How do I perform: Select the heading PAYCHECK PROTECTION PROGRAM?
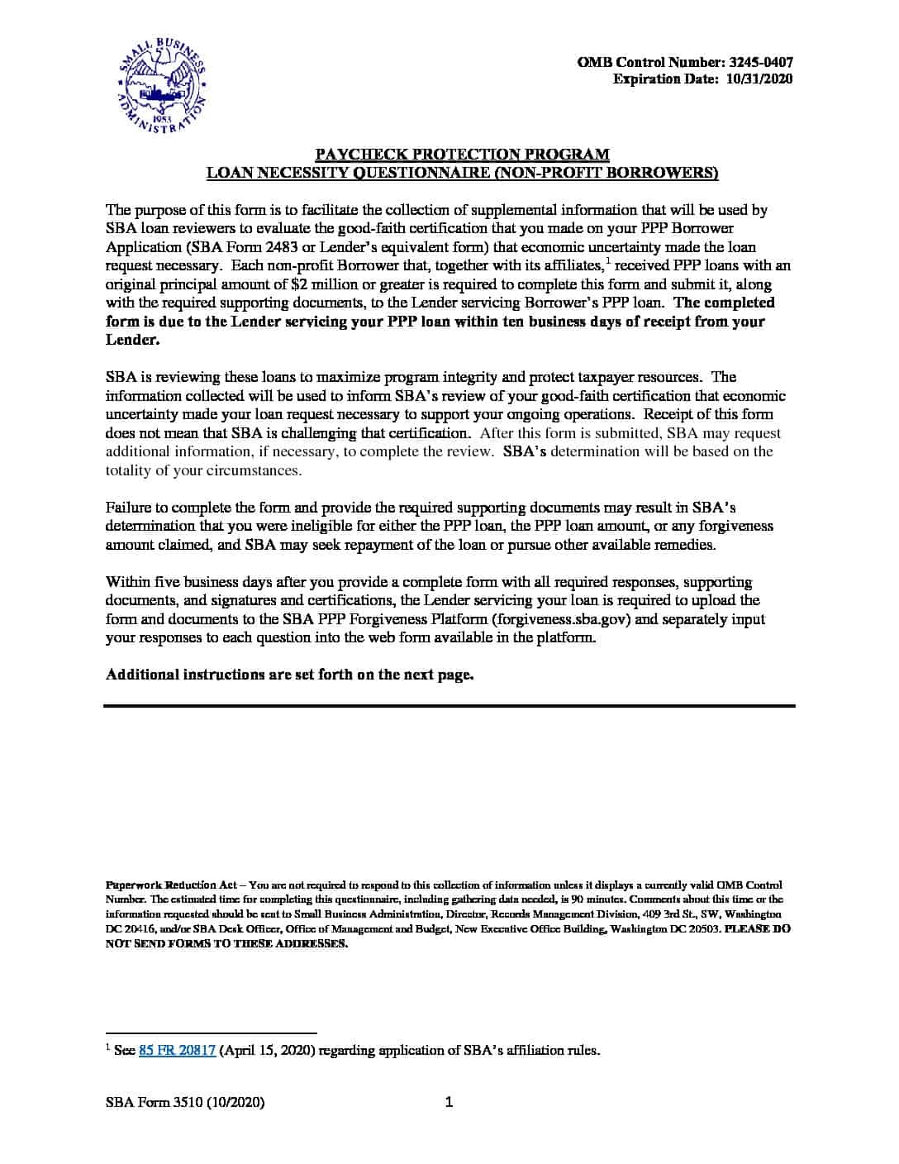coord(463,154)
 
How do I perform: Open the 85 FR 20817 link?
coord(177,1051)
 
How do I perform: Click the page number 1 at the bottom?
coord(449,1101)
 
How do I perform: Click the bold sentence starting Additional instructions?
coord(289,675)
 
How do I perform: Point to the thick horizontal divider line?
coord(449,706)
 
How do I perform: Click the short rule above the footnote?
coord(212,1033)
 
